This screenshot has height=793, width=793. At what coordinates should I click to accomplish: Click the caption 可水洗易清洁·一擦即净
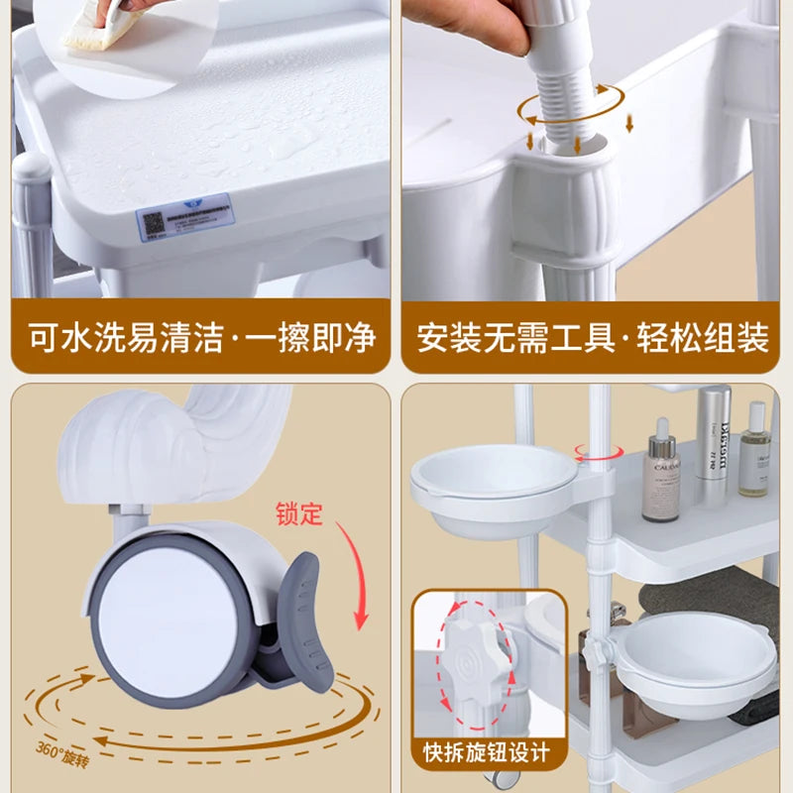(199, 338)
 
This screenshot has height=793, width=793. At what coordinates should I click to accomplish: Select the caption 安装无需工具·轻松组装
(593, 338)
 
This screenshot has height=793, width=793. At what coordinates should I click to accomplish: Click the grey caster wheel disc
(170, 616)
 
